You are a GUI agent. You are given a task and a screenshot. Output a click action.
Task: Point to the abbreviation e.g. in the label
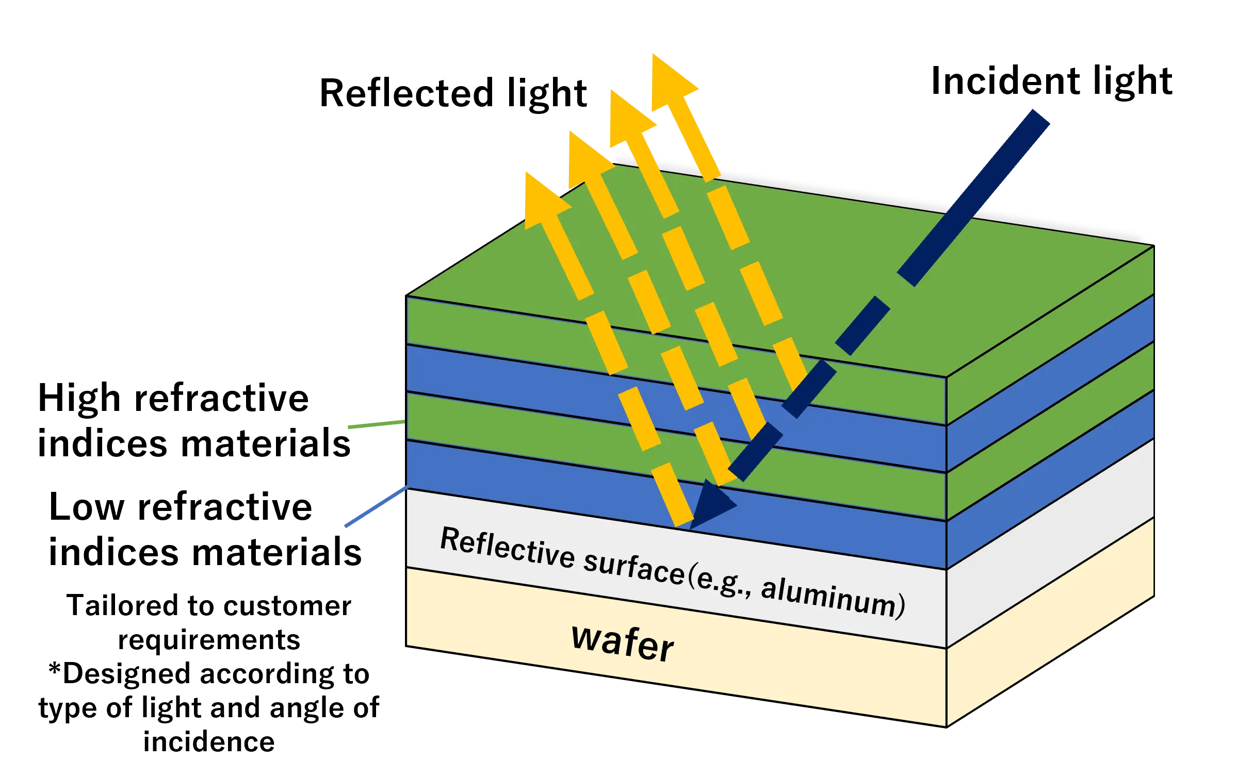pyautogui.click(x=722, y=583)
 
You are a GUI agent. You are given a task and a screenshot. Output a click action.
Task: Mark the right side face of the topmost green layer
pyautogui.click(x=1050, y=335)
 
